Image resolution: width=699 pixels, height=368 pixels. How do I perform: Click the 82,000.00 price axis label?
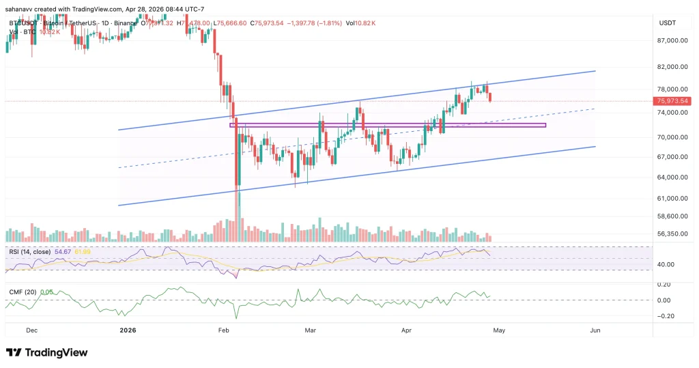(672, 67)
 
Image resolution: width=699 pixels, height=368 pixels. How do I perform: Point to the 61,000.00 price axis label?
(672, 199)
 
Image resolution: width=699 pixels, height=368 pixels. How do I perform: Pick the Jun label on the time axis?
(595, 330)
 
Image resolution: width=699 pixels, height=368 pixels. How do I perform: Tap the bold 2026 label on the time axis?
(128, 330)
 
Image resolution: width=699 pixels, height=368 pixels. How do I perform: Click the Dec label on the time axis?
(31, 330)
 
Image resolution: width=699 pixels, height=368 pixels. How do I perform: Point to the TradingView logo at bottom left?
(46, 352)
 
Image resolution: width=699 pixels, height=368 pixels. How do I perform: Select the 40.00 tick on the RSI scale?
(666, 264)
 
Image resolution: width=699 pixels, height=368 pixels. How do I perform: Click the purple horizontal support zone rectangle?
(389, 125)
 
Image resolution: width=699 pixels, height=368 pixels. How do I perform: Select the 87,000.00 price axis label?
(672, 40)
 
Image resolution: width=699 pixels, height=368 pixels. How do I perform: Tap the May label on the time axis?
(499, 330)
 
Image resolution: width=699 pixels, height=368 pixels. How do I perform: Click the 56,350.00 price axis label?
(672, 233)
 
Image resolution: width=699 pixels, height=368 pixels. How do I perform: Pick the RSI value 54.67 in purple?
(63, 251)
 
